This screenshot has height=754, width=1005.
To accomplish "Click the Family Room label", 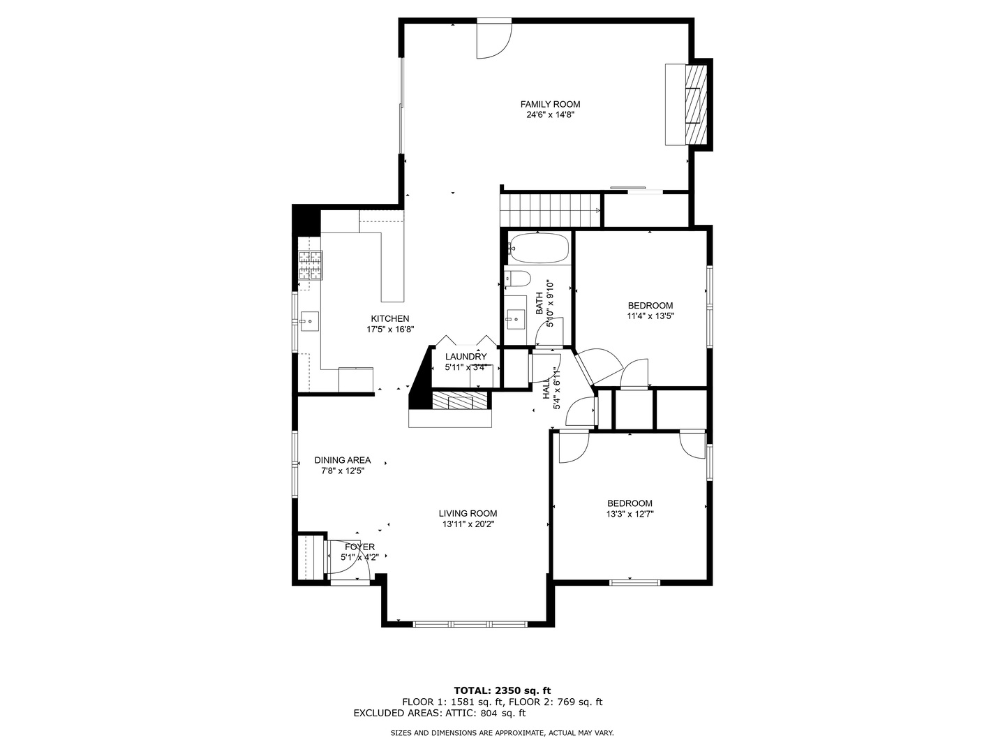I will point(550,104).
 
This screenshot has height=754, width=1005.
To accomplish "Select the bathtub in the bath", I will point(539,248).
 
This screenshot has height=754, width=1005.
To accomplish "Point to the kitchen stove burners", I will point(311,265).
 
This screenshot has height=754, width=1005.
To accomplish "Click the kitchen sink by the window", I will point(308,321).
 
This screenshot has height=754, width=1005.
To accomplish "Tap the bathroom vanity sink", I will point(516,318).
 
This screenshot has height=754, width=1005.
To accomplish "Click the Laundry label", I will point(466,357).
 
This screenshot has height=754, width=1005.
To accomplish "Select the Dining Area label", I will point(342,460).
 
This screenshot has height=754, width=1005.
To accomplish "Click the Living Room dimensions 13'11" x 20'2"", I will point(468,524).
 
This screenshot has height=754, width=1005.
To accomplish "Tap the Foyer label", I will point(359,547).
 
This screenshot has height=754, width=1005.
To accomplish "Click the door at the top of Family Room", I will point(494,40).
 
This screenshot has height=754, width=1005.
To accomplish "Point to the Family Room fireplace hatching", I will point(695,104).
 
